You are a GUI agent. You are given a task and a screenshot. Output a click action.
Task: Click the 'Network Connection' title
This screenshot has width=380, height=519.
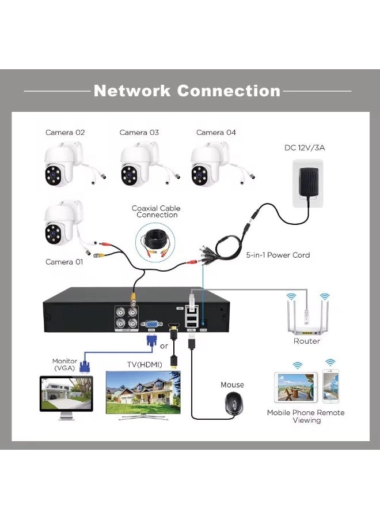[x=187, y=91]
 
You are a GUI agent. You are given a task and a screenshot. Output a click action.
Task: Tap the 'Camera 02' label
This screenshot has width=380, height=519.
[x=65, y=133]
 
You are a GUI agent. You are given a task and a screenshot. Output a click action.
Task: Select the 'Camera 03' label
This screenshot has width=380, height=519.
[x=139, y=133]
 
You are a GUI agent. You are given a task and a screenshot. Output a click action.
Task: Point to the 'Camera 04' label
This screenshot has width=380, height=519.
[x=216, y=133]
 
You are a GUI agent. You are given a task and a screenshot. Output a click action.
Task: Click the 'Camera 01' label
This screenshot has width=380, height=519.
[x=64, y=262]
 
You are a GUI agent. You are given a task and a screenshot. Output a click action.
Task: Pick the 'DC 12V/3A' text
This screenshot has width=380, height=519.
[x=305, y=148]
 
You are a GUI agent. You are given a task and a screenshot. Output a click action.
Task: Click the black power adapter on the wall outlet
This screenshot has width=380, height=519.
[x=308, y=183]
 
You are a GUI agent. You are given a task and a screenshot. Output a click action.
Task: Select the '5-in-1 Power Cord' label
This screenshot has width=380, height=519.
[x=278, y=255]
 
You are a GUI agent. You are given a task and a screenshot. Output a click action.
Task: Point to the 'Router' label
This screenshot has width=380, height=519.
[x=306, y=341]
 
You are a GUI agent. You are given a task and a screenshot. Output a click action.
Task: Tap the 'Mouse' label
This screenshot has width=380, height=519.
[x=232, y=385]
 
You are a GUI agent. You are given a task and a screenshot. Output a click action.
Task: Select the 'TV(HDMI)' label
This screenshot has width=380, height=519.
[x=145, y=364]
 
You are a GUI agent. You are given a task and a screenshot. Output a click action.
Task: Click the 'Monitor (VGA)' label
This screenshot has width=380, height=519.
[x=64, y=364]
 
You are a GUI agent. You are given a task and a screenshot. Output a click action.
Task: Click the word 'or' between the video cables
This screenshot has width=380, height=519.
[x=164, y=346]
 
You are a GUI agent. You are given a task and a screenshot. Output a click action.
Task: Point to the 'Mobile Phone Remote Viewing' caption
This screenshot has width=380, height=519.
[x=306, y=416]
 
